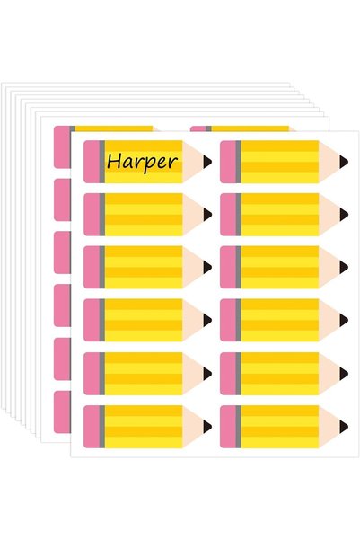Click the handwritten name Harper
142,162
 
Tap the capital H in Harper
114,161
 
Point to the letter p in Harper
152,164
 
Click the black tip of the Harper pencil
207,162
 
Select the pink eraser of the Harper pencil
92,162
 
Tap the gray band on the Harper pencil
102,162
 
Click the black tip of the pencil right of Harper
344,162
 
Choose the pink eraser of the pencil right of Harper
228,162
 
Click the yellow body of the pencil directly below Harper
144,215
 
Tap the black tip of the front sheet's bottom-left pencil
207,427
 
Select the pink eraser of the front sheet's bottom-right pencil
228,427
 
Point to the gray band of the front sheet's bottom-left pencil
102,427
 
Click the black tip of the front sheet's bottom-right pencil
344,427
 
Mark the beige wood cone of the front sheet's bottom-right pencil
329,427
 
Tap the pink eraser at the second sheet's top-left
62,146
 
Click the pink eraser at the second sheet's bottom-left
62,412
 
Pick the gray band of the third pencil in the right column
239,267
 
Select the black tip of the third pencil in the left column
207,267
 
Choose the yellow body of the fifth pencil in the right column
280,374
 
